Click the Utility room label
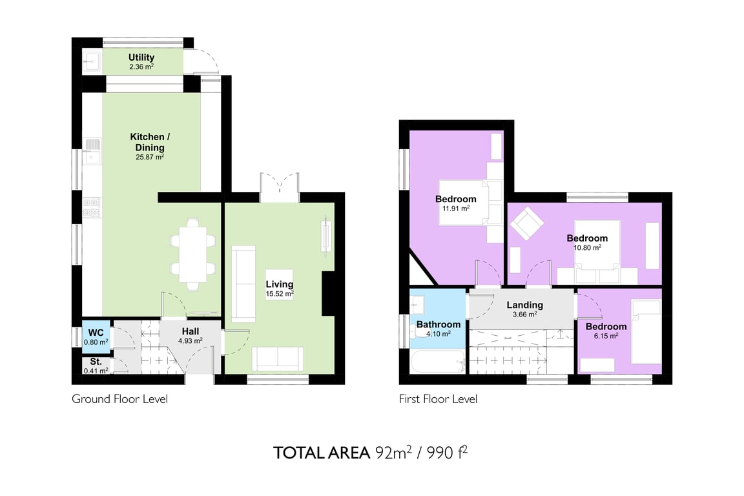click(x=141, y=57)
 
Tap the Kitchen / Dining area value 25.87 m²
click(x=150, y=157)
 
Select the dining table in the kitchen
click(x=192, y=254)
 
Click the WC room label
click(x=96, y=333)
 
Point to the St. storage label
click(x=96, y=362)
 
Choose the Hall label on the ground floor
click(x=191, y=331)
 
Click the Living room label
click(x=280, y=284)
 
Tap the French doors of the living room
click(x=280, y=187)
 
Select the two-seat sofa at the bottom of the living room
click(x=278, y=359)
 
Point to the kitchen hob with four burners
click(x=92, y=207)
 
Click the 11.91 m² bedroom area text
click(x=456, y=209)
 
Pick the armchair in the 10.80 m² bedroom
click(x=527, y=223)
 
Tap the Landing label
click(x=525, y=305)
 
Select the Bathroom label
click(x=439, y=325)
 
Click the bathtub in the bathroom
click(x=437, y=362)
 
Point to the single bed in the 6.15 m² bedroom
click(x=646, y=331)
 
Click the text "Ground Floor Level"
click(x=119, y=399)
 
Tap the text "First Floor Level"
click(x=438, y=399)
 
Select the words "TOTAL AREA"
click(x=322, y=453)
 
